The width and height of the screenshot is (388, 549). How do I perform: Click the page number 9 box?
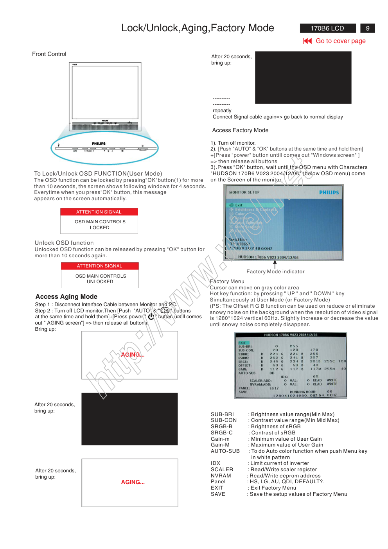click(x=367, y=28)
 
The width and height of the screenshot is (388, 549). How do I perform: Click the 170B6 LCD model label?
click(x=327, y=28)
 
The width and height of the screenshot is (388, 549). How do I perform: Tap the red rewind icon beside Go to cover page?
click(x=307, y=41)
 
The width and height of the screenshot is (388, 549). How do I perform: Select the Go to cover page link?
click(x=340, y=41)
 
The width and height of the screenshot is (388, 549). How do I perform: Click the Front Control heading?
click(x=49, y=54)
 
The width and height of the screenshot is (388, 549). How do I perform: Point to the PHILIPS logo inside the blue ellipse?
click(x=99, y=144)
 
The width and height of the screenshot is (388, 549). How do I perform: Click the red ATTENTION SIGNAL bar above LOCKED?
click(x=99, y=212)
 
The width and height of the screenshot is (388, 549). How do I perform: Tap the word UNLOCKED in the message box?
click(x=100, y=282)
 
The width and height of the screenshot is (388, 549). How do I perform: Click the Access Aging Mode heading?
click(x=66, y=296)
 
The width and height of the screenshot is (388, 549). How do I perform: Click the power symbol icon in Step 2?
click(x=151, y=317)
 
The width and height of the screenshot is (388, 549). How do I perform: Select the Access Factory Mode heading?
click(x=240, y=130)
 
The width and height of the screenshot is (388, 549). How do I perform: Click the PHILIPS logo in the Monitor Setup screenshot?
click(x=329, y=192)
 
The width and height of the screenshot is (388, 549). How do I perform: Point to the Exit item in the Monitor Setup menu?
click(x=239, y=205)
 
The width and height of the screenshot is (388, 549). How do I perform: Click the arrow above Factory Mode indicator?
click(x=275, y=264)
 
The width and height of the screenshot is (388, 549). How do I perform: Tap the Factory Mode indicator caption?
click(x=275, y=272)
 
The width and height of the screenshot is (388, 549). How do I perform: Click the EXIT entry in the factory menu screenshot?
click(x=242, y=343)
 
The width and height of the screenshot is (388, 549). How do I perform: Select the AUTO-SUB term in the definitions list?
click(x=225, y=451)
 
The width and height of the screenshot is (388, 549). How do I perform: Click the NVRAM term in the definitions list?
click(x=221, y=475)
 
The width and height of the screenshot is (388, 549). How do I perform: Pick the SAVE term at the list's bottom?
click(x=218, y=494)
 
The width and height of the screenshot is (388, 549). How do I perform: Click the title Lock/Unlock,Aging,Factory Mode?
click(x=198, y=28)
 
